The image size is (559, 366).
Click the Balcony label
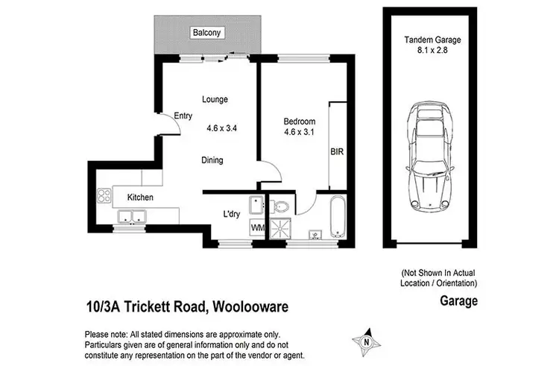[205, 33]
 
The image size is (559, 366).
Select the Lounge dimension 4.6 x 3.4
[222, 127]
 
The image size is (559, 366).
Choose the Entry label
[183, 116]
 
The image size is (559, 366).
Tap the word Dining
[212, 160]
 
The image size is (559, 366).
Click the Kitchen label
[140, 198]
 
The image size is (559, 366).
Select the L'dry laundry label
[231, 214]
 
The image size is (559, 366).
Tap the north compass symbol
[366, 342]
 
